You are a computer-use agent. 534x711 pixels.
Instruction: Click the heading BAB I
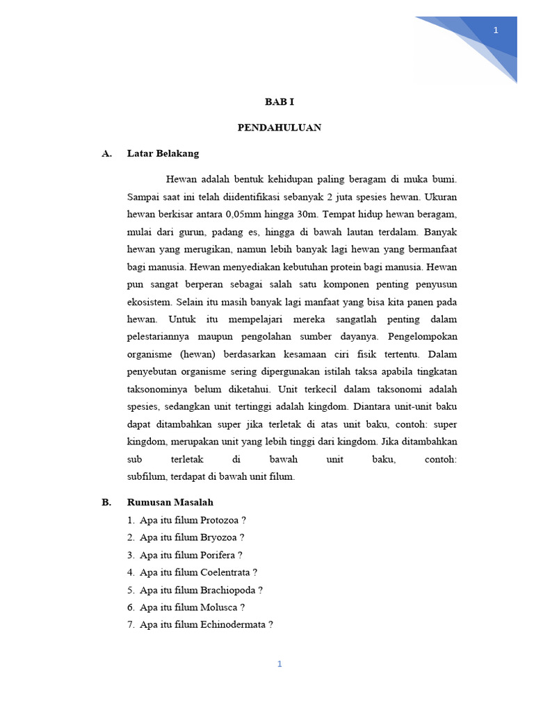(280, 101)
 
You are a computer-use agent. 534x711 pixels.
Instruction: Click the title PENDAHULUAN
(279, 128)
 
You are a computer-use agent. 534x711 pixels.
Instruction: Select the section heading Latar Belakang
(163, 153)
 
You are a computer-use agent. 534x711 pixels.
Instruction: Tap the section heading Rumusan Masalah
(170, 502)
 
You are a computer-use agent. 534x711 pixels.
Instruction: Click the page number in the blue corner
(496, 30)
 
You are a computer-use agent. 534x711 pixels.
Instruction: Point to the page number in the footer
(280, 664)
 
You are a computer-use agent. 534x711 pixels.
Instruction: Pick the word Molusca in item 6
(218, 607)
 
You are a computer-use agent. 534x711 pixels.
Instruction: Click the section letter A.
(106, 153)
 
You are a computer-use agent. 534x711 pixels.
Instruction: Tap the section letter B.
(106, 502)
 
